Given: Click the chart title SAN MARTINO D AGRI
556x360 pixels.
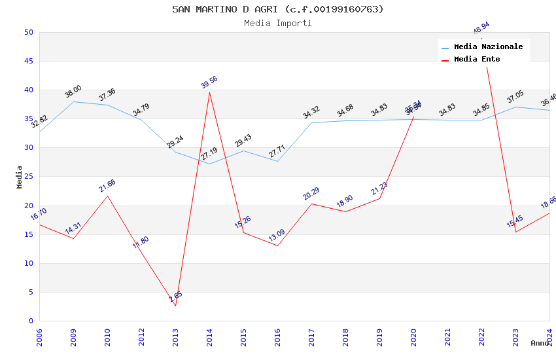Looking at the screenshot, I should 278,9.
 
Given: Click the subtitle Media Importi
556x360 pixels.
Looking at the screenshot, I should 278,23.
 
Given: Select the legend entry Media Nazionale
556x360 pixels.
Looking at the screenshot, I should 488,47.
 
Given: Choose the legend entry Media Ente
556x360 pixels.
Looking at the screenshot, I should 477,59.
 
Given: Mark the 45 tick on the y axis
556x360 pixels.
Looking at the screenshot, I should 28,61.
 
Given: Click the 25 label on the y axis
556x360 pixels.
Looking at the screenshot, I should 28,148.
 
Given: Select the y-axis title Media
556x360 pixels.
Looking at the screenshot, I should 20,177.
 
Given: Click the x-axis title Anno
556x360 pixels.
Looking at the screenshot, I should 540,343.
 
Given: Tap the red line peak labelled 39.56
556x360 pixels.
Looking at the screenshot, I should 209,92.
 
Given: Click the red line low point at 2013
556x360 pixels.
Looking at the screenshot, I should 175,306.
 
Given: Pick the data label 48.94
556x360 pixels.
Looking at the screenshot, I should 481,28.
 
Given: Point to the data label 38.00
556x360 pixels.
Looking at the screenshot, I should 73,92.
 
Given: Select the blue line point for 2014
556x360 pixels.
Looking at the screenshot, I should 209,164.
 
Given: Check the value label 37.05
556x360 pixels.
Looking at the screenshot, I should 515,98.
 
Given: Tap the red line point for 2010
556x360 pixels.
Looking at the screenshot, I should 107,196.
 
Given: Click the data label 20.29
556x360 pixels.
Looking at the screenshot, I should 311,194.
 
